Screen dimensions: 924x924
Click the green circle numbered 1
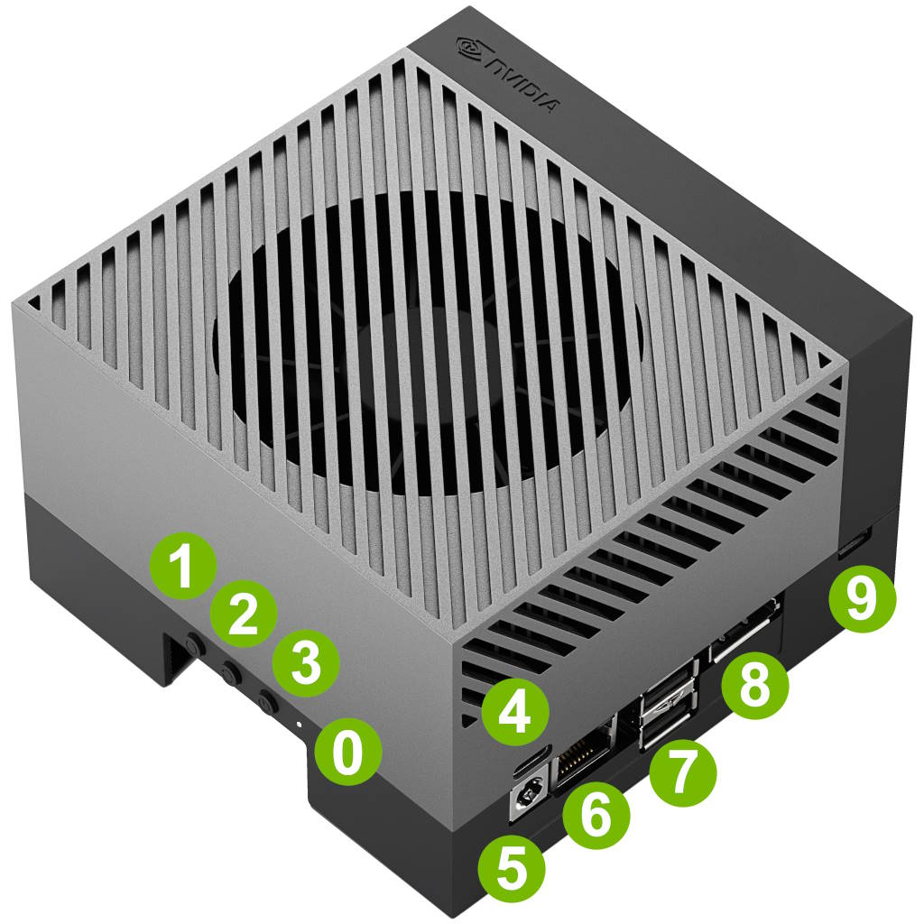[x=183, y=567]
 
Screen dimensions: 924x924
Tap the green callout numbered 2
[x=244, y=614]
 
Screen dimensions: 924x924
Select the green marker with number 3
[x=306, y=663]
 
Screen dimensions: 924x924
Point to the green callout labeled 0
[x=347, y=752]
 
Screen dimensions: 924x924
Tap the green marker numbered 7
[x=683, y=772]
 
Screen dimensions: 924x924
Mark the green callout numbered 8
[x=755, y=686]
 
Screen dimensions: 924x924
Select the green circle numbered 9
[x=862, y=599]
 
